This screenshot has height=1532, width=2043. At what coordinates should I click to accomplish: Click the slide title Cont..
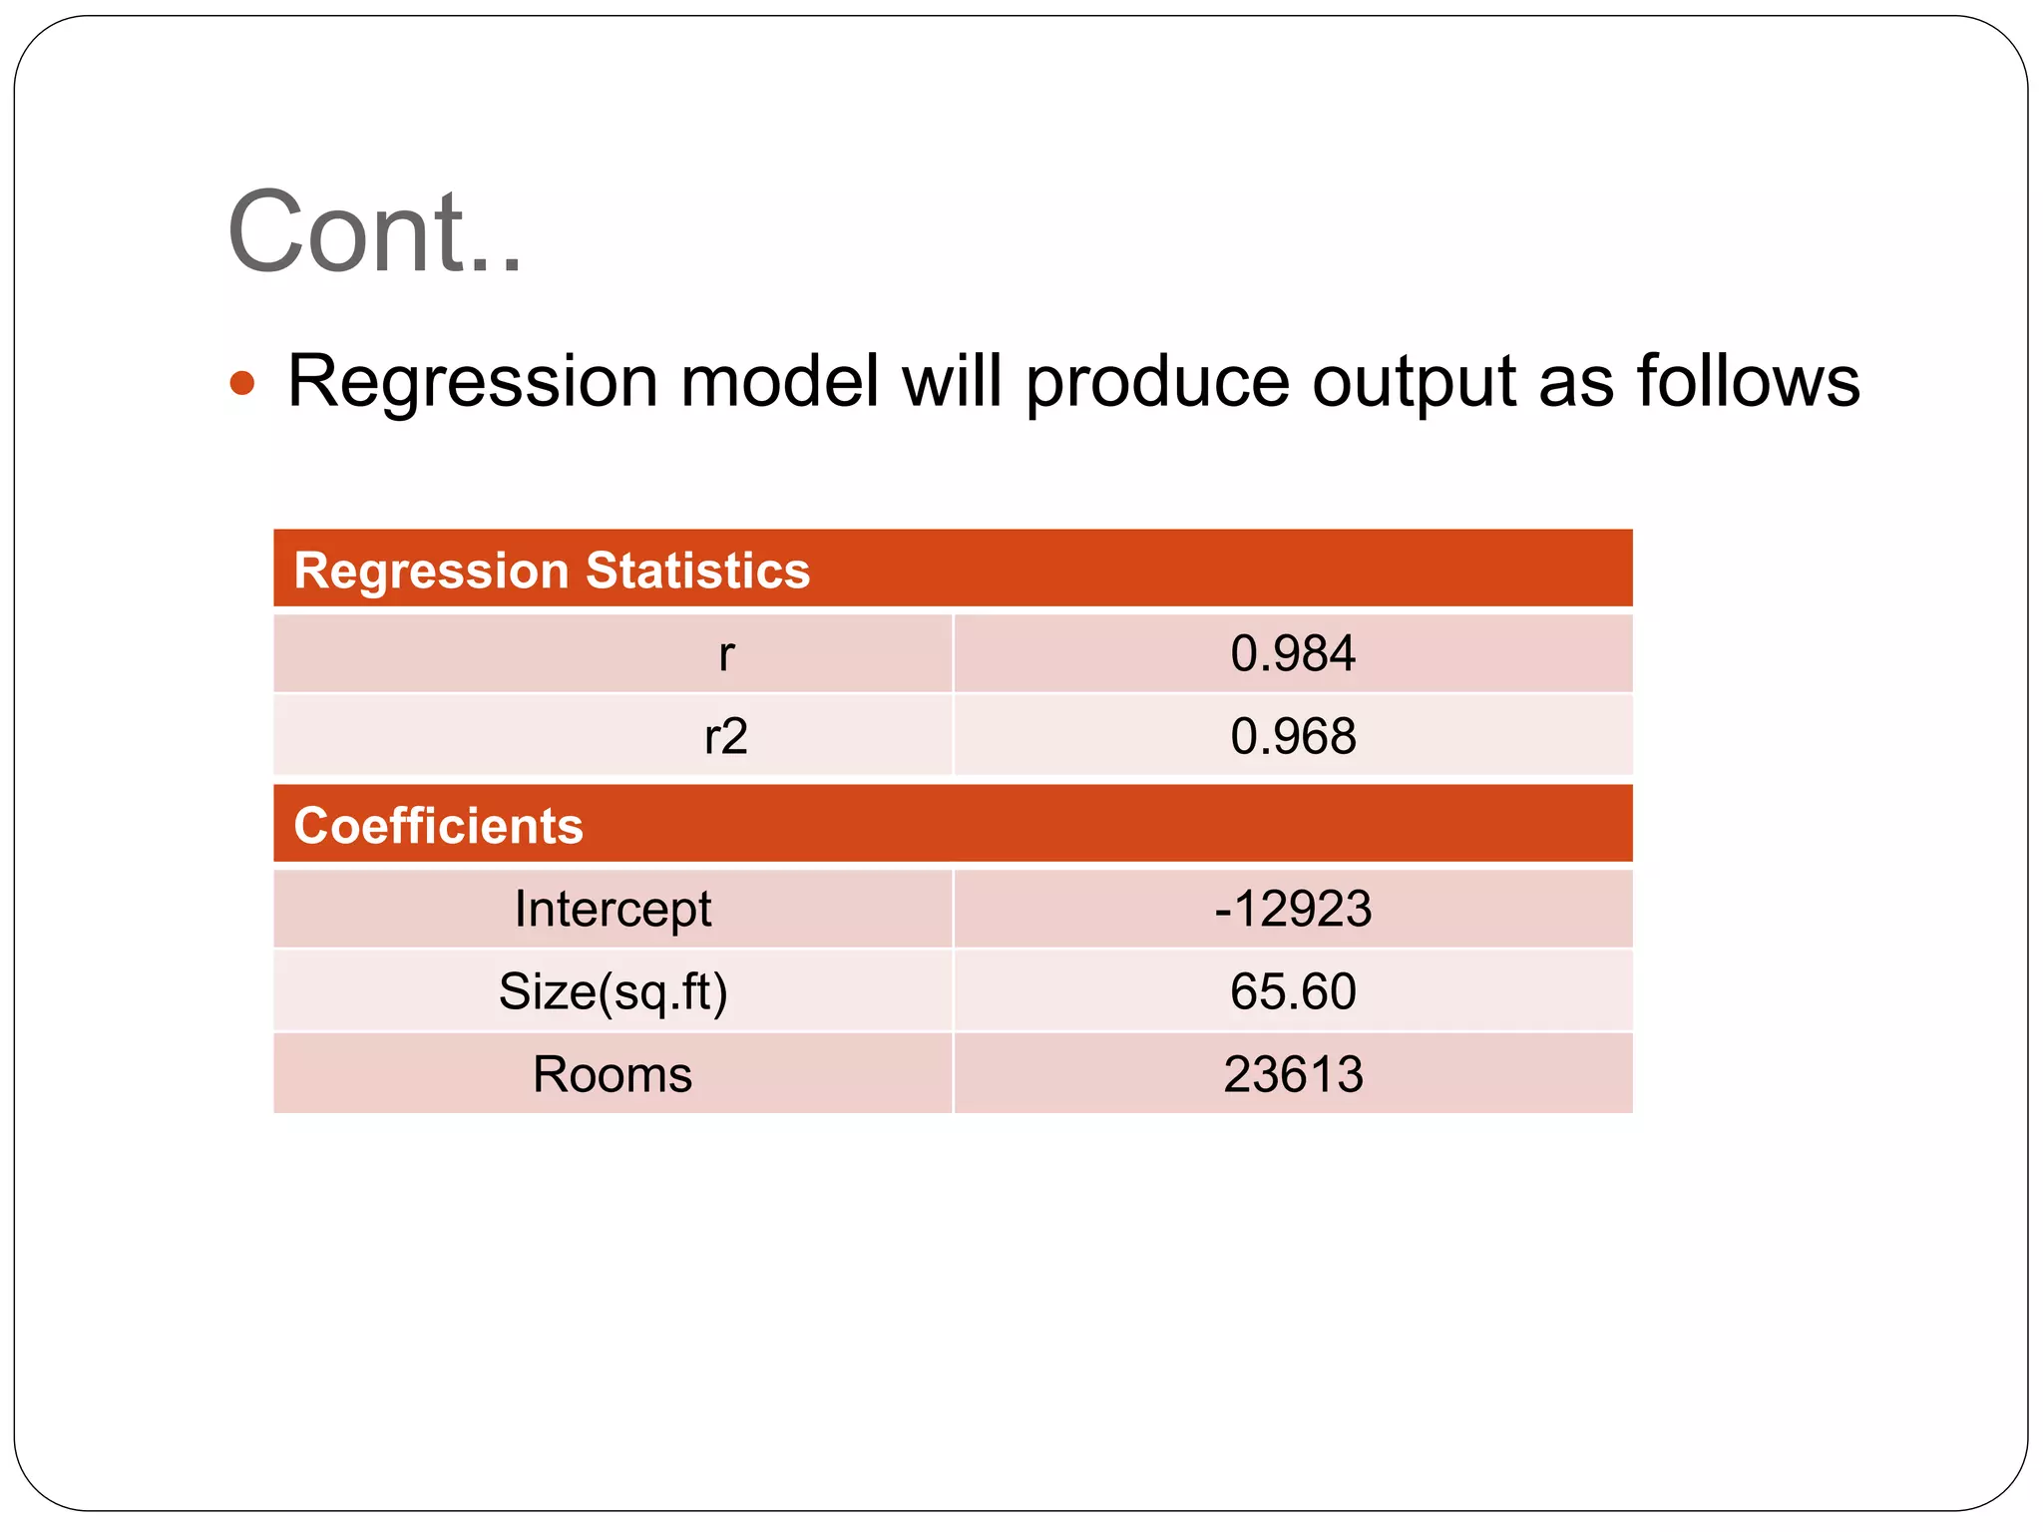pyautogui.click(x=374, y=232)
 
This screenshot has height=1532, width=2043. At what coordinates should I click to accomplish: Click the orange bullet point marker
pyautogui.click(x=242, y=383)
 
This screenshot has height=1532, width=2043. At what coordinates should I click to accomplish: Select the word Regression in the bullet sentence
pyautogui.click(x=472, y=383)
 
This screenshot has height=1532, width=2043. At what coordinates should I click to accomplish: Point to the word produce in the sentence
pyautogui.click(x=1156, y=383)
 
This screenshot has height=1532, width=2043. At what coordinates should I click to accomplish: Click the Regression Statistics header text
pyautogui.click(x=552, y=571)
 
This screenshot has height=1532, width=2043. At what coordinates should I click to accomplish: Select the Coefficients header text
pyautogui.click(x=438, y=826)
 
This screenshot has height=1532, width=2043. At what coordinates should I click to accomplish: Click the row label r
pyautogui.click(x=726, y=654)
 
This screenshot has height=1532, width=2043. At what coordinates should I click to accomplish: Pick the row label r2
pyautogui.click(x=725, y=737)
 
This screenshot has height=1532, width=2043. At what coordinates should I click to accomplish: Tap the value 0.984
pyautogui.click(x=1292, y=654)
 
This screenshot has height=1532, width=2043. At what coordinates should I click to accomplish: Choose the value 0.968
pyautogui.click(x=1292, y=737)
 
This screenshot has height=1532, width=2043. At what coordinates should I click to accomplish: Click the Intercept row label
pyautogui.click(x=613, y=909)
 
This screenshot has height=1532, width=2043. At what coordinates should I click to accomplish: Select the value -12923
pyautogui.click(x=1292, y=909)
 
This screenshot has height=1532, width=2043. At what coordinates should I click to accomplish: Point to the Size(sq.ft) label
pyautogui.click(x=613, y=992)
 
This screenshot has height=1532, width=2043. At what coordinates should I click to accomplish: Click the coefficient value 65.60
pyautogui.click(x=1292, y=992)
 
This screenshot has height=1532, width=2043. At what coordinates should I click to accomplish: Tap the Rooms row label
pyautogui.click(x=613, y=1075)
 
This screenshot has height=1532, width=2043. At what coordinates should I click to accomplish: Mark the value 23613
pyautogui.click(x=1292, y=1075)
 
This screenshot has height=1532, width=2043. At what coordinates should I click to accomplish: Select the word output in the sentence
pyautogui.click(x=1414, y=383)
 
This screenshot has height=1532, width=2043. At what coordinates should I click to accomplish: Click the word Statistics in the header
pyautogui.click(x=697, y=571)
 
